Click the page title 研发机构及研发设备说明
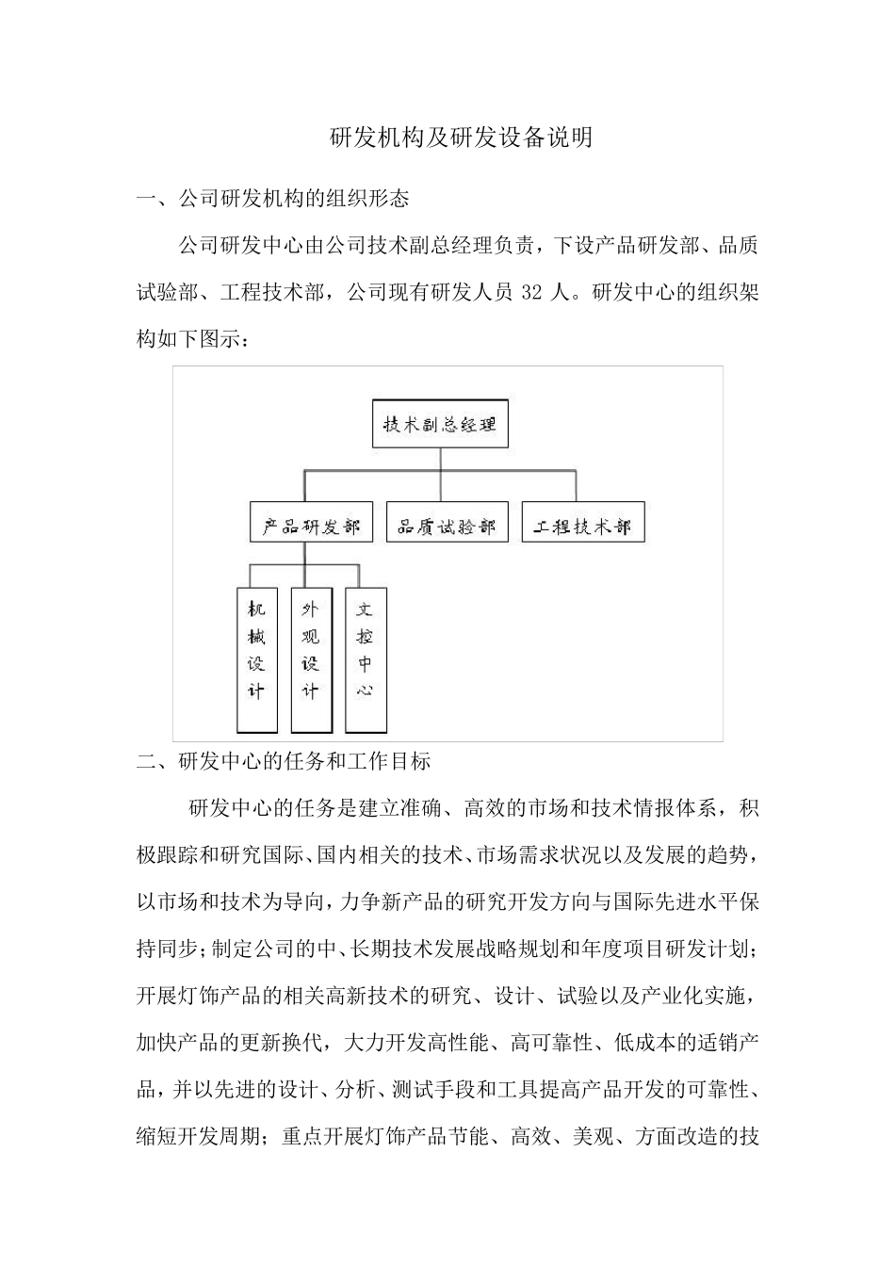(x=461, y=138)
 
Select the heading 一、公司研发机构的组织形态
(x=273, y=200)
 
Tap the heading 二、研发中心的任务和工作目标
(x=284, y=761)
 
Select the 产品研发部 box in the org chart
(x=305, y=525)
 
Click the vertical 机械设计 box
(x=256, y=659)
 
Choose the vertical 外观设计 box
(x=311, y=659)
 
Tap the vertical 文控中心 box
(x=366, y=659)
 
